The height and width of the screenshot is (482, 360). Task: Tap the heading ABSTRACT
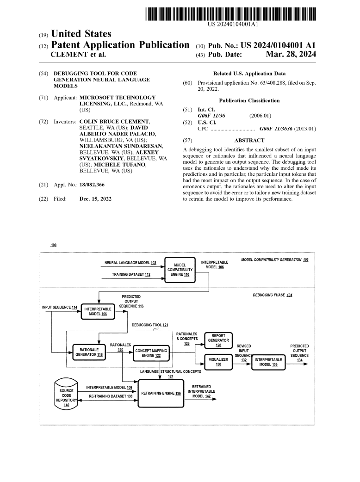pyautogui.click(x=249, y=140)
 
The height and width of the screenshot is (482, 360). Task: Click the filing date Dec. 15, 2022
pyautogui.click(x=95, y=199)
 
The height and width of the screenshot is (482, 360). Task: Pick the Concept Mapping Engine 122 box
pyautogui.click(x=151, y=352)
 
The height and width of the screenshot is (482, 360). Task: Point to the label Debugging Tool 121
pyautogui.click(x=150, y=325)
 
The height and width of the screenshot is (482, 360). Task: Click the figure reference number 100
pyautogui.click(x=53, y=245)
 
